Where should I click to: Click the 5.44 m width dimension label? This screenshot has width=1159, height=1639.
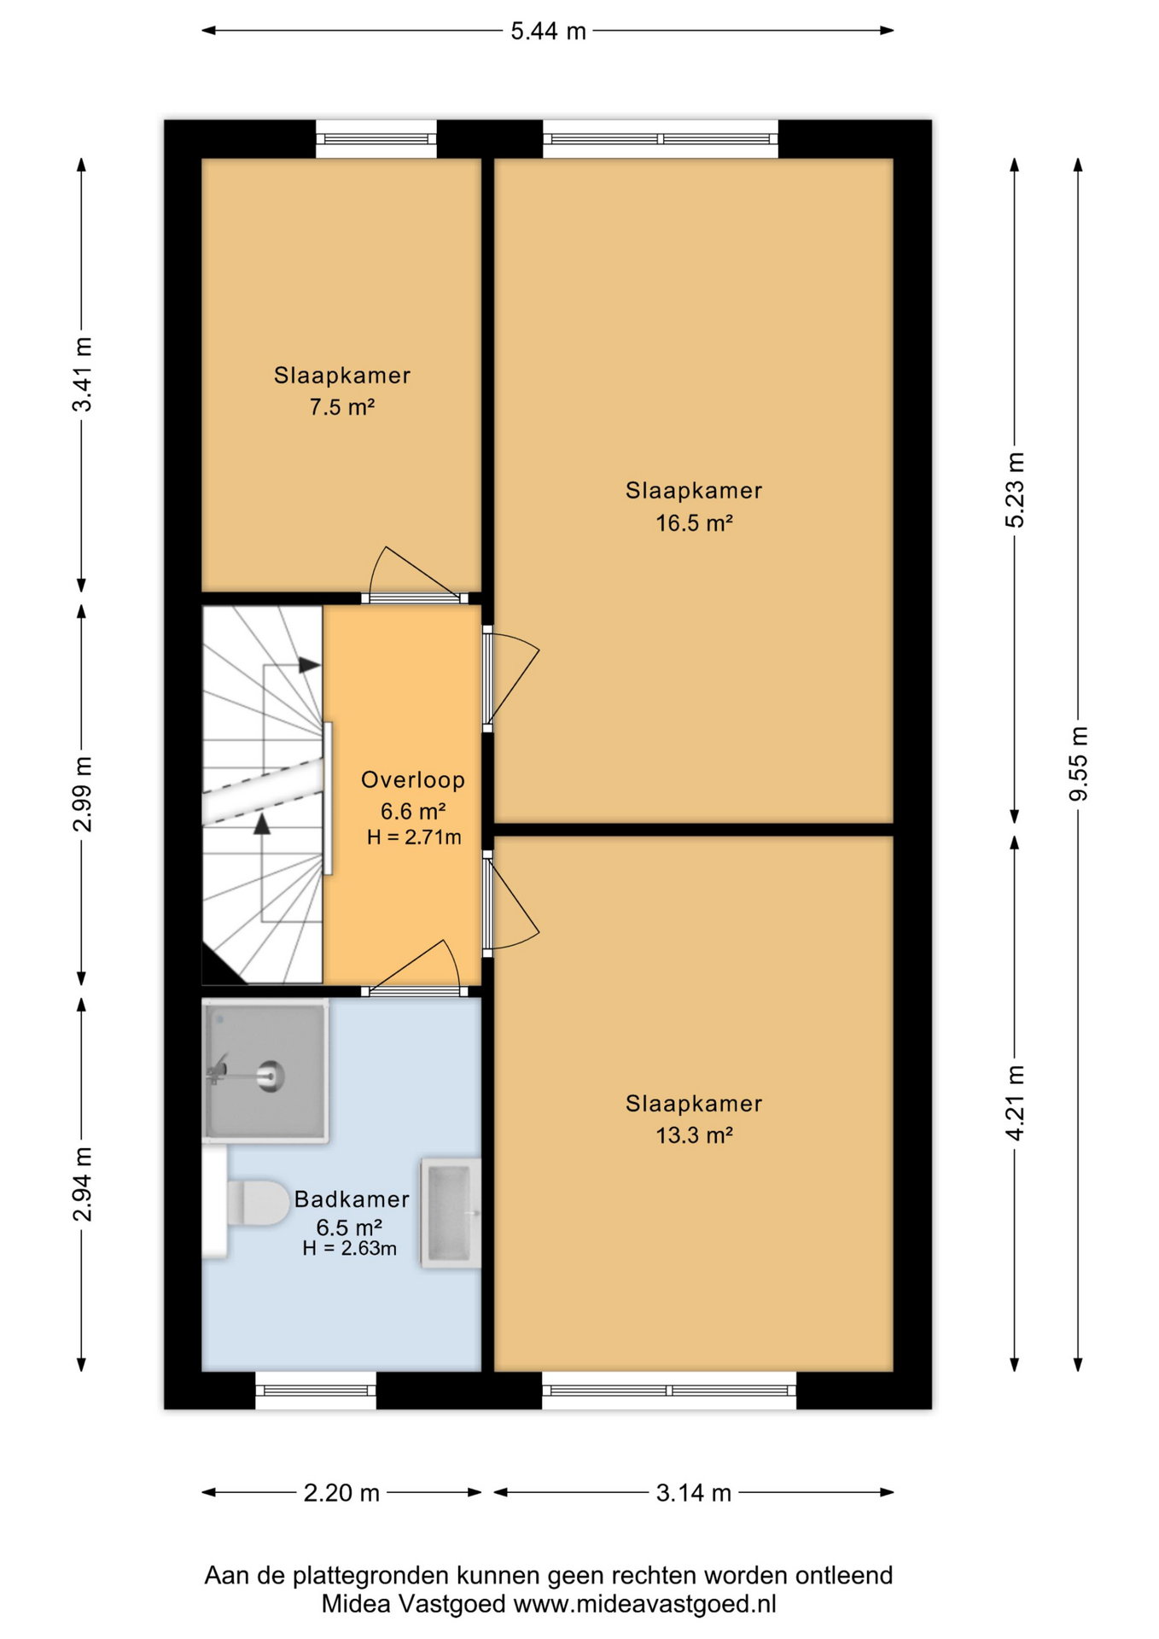point(548,32)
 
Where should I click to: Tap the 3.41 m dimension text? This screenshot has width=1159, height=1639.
point(82,374)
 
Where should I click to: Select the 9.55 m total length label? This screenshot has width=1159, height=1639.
point(1079,763)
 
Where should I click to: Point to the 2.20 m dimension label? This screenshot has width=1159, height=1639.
point(341,1493)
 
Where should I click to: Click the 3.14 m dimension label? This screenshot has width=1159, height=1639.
point(694,1493)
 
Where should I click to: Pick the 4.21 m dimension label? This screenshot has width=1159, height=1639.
point(1015,1102)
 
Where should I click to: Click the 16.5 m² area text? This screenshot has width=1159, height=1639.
point(694,523)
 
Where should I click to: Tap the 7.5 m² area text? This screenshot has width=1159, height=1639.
point(342,407)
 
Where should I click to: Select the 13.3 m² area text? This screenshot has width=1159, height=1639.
point(694,1135)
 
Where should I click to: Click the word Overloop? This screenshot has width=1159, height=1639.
point(413,779)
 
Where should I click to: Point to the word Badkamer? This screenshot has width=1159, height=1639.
point(352,1199)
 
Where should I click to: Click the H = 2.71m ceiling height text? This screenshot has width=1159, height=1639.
point(414,837)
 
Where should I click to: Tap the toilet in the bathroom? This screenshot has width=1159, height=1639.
point(247,1203)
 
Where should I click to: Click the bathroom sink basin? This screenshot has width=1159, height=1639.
point(451,1213)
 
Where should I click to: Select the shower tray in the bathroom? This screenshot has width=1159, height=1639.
point(265,1071)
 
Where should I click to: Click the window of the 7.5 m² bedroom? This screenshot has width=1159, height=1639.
point(376,139)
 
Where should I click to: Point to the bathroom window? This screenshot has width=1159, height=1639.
point(316,1391)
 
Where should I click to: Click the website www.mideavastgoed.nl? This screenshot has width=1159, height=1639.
point(644,1604)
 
